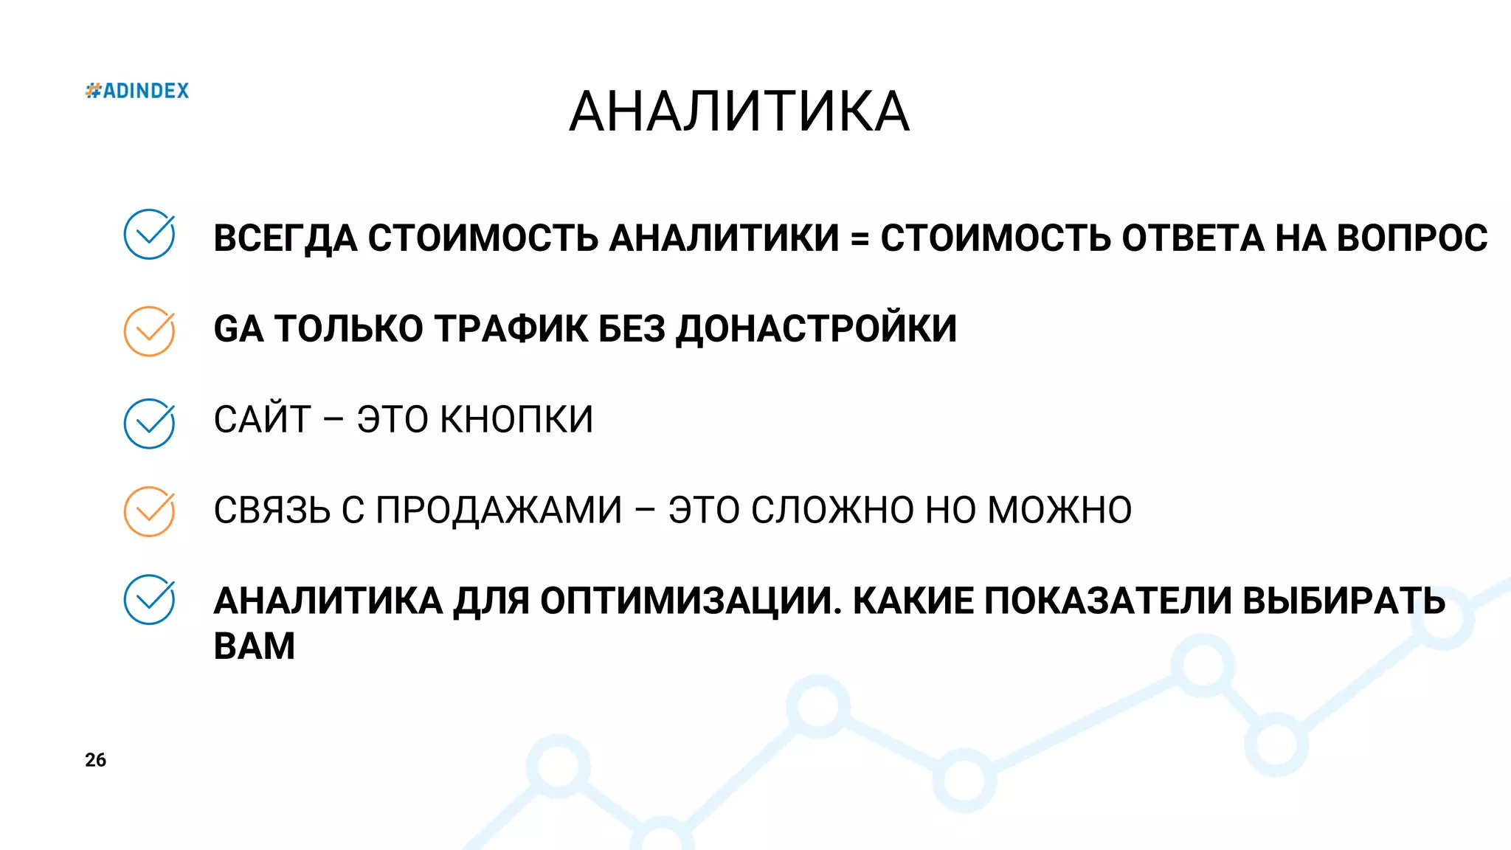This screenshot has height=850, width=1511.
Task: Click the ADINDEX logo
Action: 137,91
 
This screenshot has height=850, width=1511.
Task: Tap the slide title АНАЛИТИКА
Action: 739,112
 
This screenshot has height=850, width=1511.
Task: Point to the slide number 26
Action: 95,760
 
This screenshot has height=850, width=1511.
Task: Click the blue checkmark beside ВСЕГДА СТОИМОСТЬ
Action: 149,235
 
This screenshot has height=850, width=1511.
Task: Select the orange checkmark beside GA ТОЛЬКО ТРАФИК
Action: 149,331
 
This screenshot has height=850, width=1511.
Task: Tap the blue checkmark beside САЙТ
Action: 149,424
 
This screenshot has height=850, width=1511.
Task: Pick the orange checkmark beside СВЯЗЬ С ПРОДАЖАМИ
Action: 149,511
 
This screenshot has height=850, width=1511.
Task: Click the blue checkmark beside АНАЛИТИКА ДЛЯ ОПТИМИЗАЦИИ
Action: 149,600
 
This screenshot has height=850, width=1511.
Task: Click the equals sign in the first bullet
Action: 860,239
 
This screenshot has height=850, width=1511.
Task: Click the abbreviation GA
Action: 238,329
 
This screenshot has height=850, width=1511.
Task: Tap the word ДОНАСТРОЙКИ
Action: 816,329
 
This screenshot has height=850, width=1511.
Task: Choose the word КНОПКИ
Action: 516,420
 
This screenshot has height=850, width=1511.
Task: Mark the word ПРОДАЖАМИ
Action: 499,511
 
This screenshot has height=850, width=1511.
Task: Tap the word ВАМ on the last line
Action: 255,646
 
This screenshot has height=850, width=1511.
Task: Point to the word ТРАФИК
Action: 511,329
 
